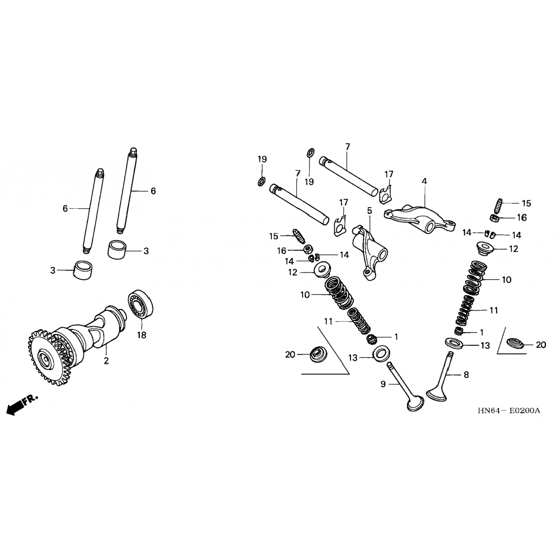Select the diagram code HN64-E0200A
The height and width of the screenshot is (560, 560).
508,411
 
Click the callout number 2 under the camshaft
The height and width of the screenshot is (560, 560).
106,360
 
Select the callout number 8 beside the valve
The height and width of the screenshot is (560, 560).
466,374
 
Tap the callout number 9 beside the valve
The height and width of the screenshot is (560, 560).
383,384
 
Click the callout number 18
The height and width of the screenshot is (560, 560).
141,335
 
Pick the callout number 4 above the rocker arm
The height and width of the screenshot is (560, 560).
424,181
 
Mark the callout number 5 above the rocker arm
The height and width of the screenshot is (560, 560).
370,211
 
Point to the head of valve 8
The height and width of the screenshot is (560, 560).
436,394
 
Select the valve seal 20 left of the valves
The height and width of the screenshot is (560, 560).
318,354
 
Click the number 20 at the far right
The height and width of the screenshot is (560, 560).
541,345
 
